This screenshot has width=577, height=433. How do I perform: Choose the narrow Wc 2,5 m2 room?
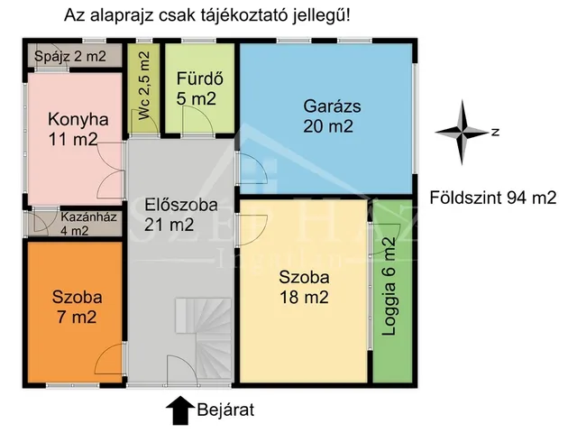142,90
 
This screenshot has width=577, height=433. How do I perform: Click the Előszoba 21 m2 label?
181,215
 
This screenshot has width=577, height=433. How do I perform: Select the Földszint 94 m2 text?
492,198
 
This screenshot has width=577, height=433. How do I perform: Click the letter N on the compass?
495,133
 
